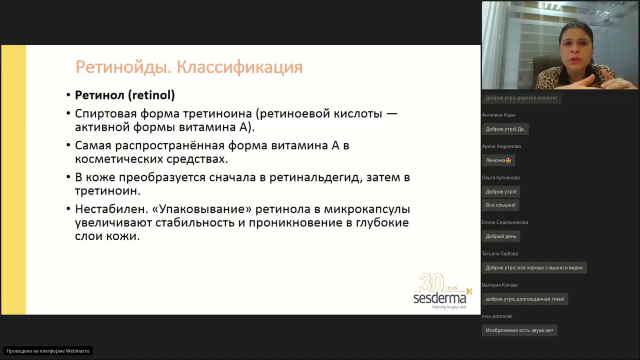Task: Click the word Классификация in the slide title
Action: click(239, 67)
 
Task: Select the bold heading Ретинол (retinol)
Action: click(124, 95)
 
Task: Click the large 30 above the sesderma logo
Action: click(431, 282)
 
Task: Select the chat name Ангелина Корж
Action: click(498, 115)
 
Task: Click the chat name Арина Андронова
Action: click(501, 146)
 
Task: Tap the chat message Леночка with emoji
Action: click(498, 160)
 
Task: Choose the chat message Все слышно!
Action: click(500, 205)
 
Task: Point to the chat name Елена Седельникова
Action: click(504, 222)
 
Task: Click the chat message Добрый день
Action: click(500, 236)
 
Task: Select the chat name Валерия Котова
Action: click(499, 285)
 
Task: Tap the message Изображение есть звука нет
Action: click(519, 330)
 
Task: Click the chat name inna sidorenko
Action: click(496, 316)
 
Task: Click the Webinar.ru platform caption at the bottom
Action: click(48, 351)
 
